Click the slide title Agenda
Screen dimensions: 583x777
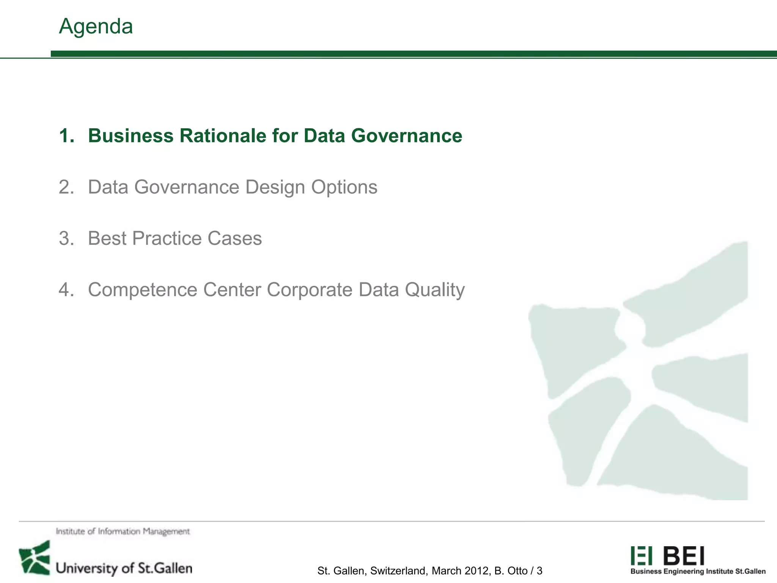pyautogui.click(x=96, y=27)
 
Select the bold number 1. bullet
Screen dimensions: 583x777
pyautogui.click(x=67, y=136)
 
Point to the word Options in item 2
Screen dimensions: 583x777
pyautogui.click(x=344, y=187)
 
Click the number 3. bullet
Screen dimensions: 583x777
pyautogui.click(x=67, y=238)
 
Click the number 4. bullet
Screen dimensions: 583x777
pyautogui.click(x=67, y=290)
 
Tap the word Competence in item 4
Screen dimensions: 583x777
pyautogui.click(x=143, y=290)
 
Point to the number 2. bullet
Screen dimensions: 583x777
pyautogui.click(x=67, y=187)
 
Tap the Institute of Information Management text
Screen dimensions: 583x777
pyautogui.click(x=123, y=531)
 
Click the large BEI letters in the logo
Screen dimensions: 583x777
pyautogui.click(x=684, y=556)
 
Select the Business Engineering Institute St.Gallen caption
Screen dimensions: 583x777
pyautogui.click(x=698, y=572)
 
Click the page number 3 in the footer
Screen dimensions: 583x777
pyautogui.click(x=539, y=571)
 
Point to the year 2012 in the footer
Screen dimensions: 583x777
pyautogui.click(x=477, y=571)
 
